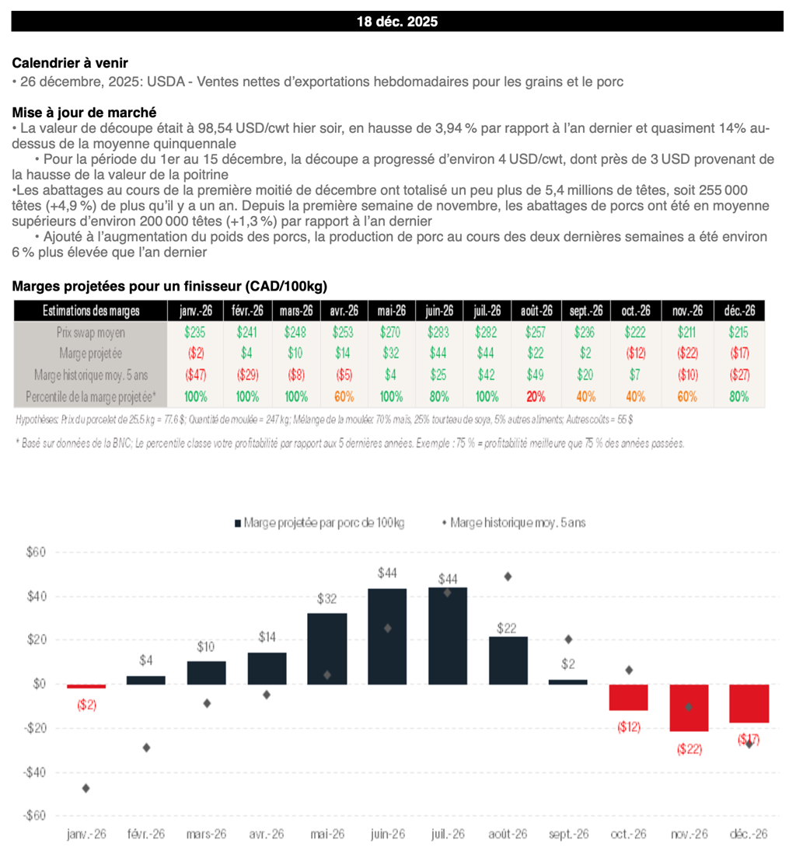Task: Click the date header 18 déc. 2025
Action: click(397, 22)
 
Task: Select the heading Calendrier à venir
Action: click(70, 63)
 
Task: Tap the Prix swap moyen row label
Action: click(91, 332)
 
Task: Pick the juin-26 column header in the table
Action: click(439, 311)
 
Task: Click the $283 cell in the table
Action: click(439, 332)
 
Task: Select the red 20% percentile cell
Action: click(535, 396)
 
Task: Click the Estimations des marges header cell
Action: click(91, 311)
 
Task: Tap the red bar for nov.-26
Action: click(688, 708)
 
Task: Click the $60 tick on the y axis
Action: click(37, 553)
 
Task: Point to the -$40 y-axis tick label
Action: click(35, 772)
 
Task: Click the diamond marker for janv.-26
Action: click(86, 789)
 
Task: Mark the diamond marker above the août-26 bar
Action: click(508, 577)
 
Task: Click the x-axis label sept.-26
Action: click(568, 834)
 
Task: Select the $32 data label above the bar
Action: click(327, 599)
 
